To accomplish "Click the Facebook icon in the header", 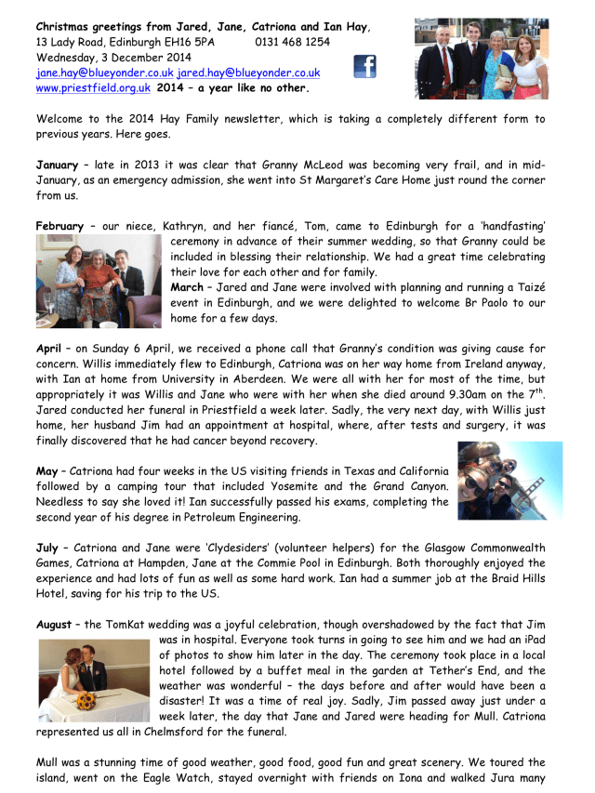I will [x=364, y=67].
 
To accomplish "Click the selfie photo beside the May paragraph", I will [x=509, y=481].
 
